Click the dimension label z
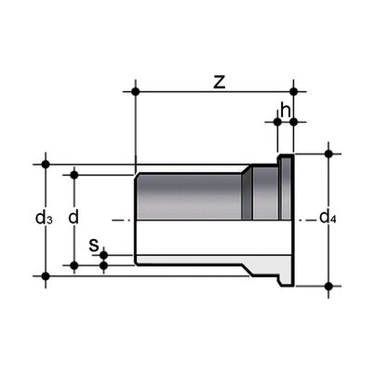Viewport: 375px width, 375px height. pyautogui.click(x=219, y=81)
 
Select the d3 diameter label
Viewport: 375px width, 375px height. pyautogui.click(x=43, y=219)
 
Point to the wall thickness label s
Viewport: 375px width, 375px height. pyautogui.click(x=93, y=246)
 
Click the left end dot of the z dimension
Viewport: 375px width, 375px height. pyautogui.click(x=137, y=91)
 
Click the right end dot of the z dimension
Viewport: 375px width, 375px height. pyautogui.click(x=294, y=91)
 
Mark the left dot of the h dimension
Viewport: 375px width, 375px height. pyautogui.click(x=277, y=120)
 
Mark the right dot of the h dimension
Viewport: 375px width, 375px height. pyautogui.click(x=294, y=120)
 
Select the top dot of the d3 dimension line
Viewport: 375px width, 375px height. pyautogui.click(x=45, y=164)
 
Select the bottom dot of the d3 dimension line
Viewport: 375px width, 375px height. pyautogui.click(x=45, y=275)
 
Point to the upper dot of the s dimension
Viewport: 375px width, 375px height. pyautogui.click(x=103, y=254)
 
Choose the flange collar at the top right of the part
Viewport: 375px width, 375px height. pyautogui.click(x=286, y=186)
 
